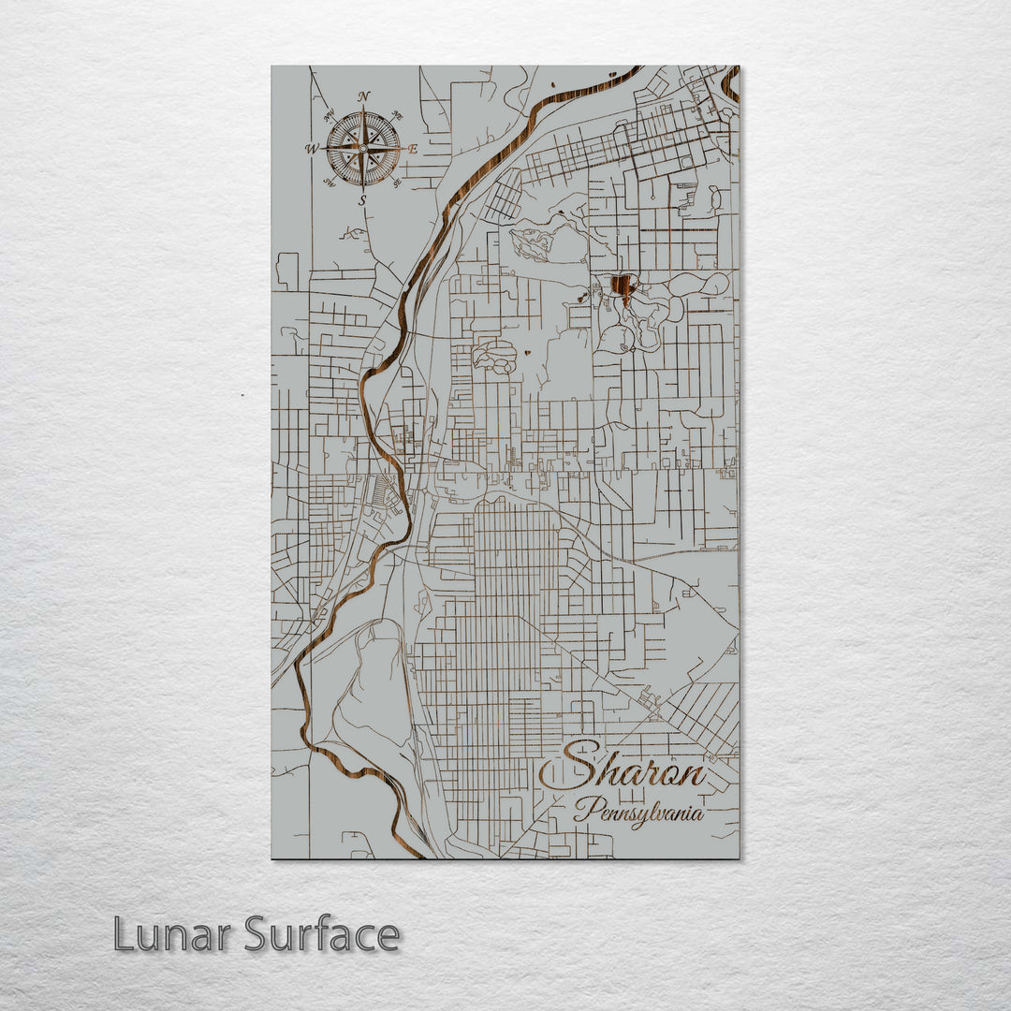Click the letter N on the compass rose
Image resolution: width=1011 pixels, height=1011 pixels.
point(364,96)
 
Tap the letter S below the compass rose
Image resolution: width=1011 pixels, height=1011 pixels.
point(362,200)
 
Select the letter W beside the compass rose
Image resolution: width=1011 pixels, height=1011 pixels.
point(310,149)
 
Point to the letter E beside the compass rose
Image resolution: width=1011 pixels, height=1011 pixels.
point(413,148)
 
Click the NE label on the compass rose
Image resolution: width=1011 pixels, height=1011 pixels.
point(397,116)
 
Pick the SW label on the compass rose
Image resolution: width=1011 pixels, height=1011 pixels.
point(330,182)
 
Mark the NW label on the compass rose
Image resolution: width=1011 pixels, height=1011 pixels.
point(329,116)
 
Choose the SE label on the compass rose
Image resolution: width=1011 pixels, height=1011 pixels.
point(397,182)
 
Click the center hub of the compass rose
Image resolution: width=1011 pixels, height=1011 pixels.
point(363,148)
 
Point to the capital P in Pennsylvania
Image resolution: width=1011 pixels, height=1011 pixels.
point(585,809)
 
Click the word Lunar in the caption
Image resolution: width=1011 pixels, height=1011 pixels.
point(173,934)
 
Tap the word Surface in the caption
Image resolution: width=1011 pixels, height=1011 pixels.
point(322,934)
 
